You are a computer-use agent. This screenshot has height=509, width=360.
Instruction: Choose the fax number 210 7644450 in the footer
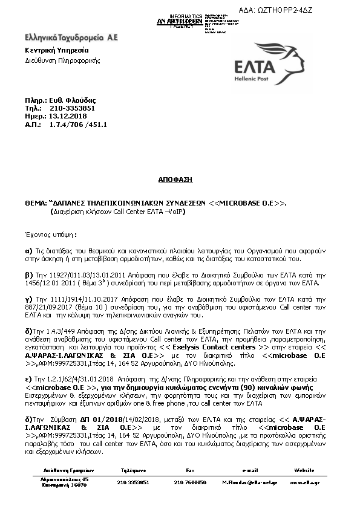pyautogui.click(x=190, y=482)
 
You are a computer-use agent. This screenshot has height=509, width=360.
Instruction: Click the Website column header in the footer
pyautogui.click(x=304, y=469)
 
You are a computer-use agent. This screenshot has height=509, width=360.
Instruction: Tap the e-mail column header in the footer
pyautogui.click(x=250, y=469)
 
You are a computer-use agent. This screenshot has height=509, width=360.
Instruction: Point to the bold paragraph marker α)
pyautogui.click(x=28, y=249)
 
